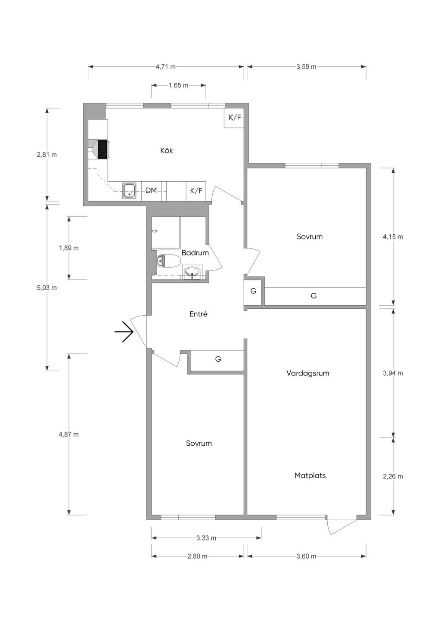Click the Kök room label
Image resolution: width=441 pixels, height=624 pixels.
(x=166, y=150)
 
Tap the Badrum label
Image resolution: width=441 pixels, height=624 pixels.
(x=195, y=253)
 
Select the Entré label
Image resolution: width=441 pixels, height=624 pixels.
(x=199, y=314)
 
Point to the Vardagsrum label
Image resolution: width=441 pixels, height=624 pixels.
(x=307, y=373)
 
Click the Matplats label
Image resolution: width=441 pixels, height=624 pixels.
(x=310, y=475)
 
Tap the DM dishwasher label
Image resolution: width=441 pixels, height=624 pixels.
(x=151, y=190)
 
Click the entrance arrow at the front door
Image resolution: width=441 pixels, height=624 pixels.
(x=124, y=332)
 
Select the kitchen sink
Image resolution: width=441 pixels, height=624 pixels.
(x=129, y=191)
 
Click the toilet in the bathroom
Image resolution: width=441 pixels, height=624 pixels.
(x=169, y=261)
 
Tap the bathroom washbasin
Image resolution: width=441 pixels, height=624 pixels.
(x=192, y=272)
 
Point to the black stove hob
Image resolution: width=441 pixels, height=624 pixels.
(x=102, y=149)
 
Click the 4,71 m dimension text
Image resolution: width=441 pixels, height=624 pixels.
(x=165, y=67)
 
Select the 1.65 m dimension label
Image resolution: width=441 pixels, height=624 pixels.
(x=178, y=85)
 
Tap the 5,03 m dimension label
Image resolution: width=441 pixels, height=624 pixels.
(x=47, y=288)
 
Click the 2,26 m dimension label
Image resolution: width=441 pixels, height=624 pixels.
(x=393, y=476)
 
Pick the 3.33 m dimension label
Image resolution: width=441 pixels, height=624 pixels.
(x=206, y=538)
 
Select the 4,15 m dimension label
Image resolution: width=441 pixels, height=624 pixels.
(x=393, y=237)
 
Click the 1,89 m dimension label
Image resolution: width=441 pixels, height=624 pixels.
(x=69, y=248)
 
